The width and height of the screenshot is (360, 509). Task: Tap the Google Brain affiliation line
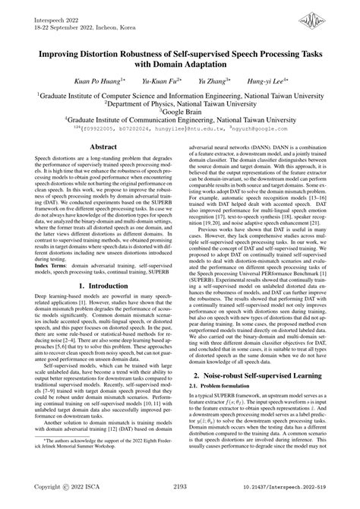pos(180,111)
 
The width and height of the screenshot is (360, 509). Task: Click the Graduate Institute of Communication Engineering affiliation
pos(180,120)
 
